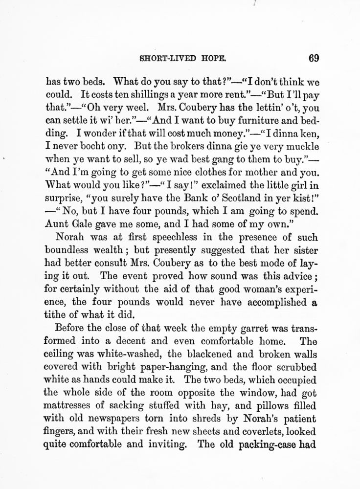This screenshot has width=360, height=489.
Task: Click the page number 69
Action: click(314, 59)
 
